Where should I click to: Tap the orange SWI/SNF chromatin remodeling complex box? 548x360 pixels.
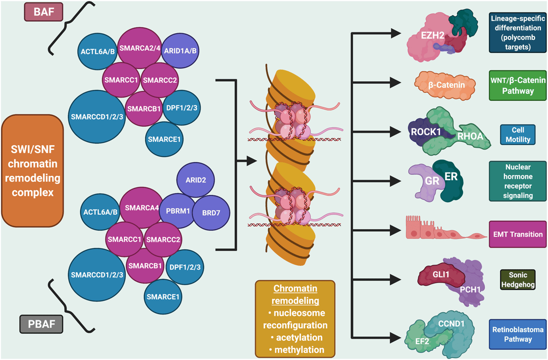point(32,171)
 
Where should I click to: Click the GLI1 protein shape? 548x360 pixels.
point(435,276)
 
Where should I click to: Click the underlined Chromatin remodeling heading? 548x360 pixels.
point(295,295)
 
